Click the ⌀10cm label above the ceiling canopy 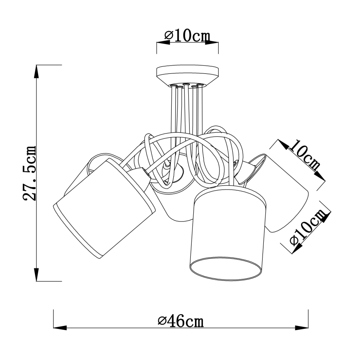tap(187, 36)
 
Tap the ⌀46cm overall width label tap(181, 321)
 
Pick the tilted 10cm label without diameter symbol tap(305, 155)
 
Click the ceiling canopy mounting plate tap(187, 75)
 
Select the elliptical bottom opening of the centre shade tap(226, 268)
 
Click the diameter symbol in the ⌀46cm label tap(162, 321)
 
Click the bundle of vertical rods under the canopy tap(187, 108)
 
